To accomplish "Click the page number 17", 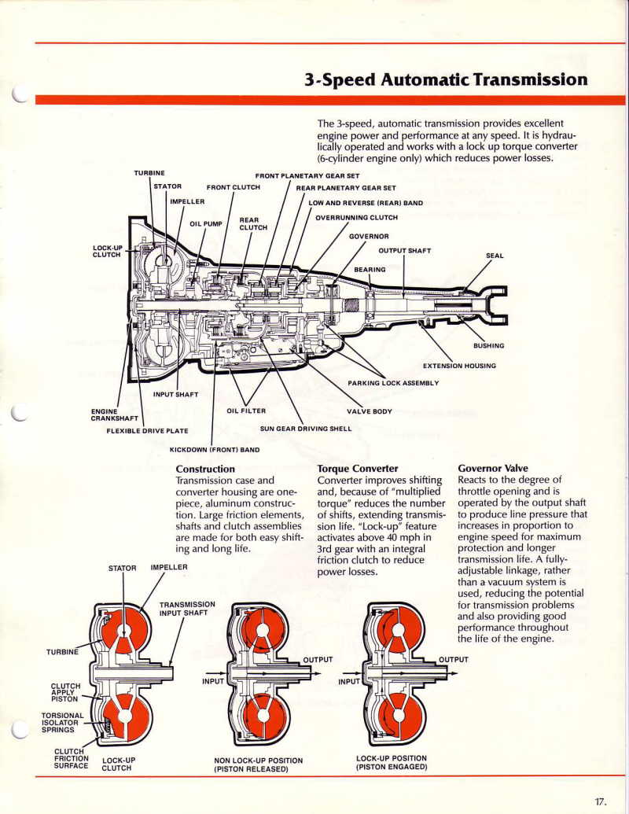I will [600, 801].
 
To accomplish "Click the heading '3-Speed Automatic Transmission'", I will [446, 79].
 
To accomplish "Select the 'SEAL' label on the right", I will [494, 256].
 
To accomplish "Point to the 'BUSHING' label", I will [488, 345].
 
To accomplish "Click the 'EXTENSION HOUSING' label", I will [459, 365].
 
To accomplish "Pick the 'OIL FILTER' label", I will [246, 411].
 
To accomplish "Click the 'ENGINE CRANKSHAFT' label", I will [114, 414].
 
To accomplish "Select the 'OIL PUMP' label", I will [206, 223].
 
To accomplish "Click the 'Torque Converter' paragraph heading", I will [357, 468].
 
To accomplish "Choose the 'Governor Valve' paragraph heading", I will [493, 468].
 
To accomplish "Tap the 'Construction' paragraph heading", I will [205, 469].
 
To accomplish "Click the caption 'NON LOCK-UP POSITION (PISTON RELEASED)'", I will [258, 764].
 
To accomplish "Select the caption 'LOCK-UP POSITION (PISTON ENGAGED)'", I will [391, 762].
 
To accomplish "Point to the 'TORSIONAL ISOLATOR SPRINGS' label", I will [62, 722].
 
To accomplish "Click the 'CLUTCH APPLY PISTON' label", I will [65, 691].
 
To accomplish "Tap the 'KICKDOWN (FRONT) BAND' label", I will [215, 450].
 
